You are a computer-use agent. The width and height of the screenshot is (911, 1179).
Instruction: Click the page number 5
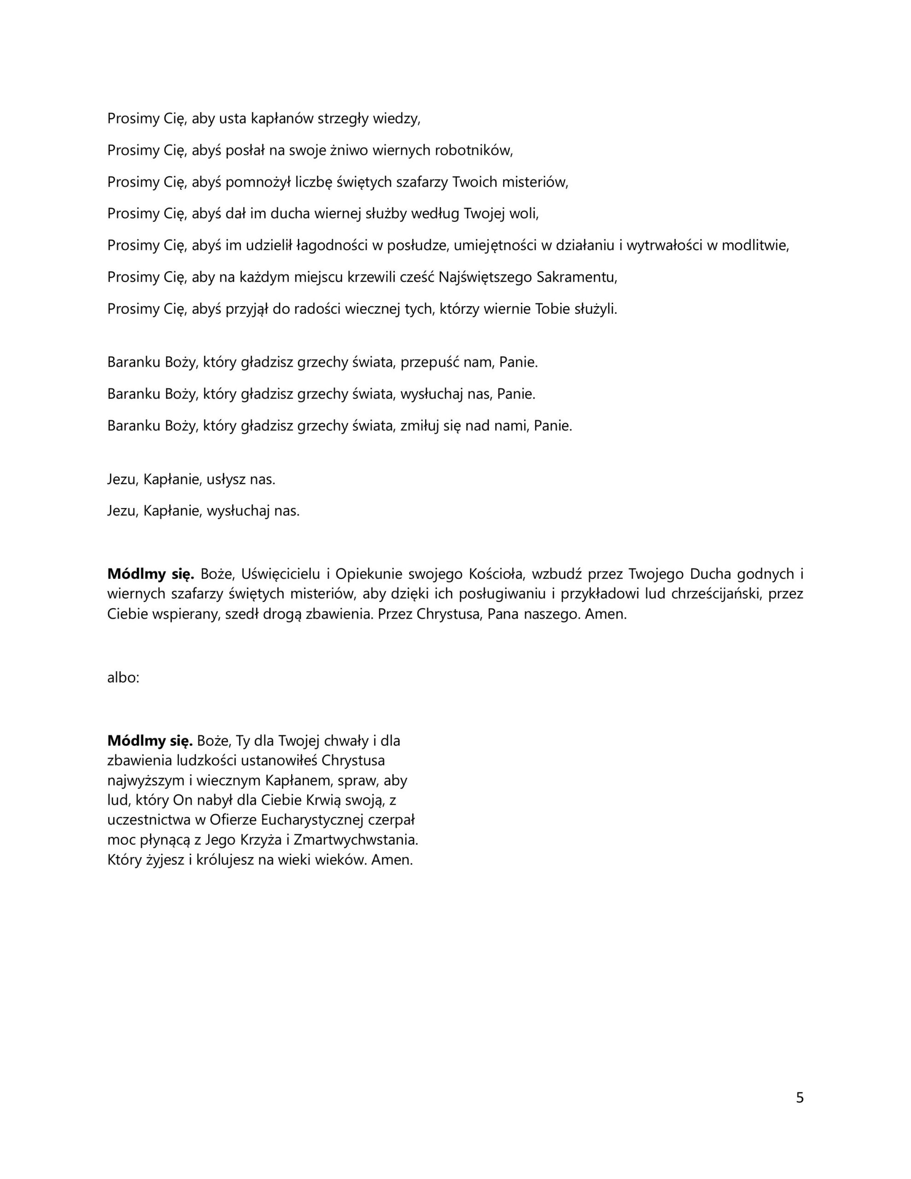799,1098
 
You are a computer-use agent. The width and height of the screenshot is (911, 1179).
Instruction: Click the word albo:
123,677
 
